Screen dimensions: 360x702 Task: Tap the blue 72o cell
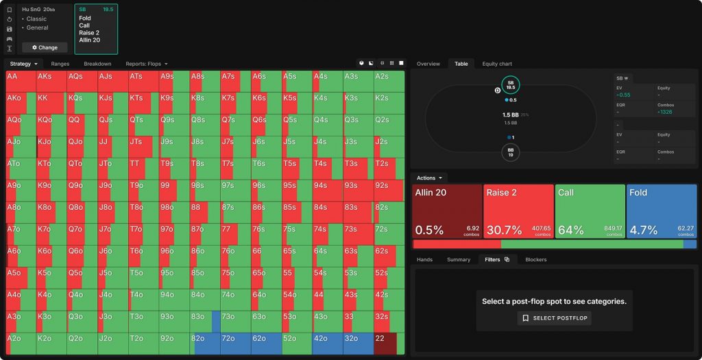click(x=235, y=343)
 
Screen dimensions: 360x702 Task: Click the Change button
click(x=45, y=47)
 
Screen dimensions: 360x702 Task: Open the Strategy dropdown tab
click(x=23, y=64)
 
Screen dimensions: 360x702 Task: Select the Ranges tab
click(x=60, y=64)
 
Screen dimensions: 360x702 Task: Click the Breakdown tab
click(x=97, y=64)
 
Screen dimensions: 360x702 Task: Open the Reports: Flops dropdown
click(x=146, y=64)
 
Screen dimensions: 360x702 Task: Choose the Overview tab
click(x=428, y=64)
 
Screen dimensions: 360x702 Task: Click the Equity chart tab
click(x=497, y=64)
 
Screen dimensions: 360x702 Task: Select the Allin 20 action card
click(x=446, y=211)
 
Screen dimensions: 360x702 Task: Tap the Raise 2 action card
click(x=518, y=211)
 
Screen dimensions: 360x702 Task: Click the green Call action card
click(x=590, y=211)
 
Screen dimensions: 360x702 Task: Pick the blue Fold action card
click(x=661, y=211)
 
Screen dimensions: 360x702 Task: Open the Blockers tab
click(x=537, y=260)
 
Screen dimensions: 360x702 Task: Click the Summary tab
click(x=459, y=260)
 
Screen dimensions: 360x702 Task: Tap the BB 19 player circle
click(x=511, y=152)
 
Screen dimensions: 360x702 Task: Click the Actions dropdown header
click(x=429, y=178)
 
